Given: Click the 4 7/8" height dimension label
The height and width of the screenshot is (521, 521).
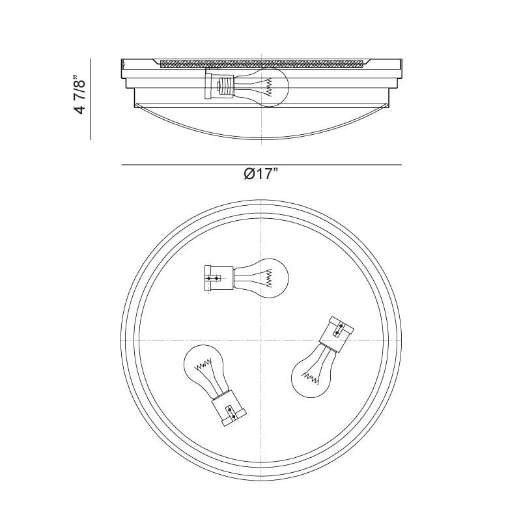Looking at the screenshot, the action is tap(80, 93).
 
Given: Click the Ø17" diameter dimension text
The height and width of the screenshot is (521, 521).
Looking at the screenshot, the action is tap(261, 173).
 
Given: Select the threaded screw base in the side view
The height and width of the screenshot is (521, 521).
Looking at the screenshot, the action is tap(225, 87).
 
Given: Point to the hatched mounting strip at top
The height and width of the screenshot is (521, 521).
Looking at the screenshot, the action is tap(262, 63).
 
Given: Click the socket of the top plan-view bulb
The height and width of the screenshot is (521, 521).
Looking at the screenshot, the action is tap(219, 279).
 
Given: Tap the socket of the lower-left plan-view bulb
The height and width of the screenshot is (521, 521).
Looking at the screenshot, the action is tap(229, 408).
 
